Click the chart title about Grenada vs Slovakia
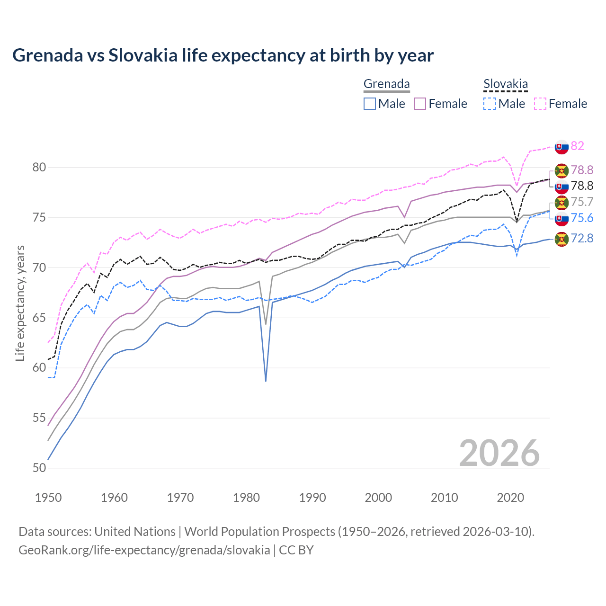click(223, 55)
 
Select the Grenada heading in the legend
click(386, 84)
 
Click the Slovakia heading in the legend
click(505, 84)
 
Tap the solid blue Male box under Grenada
click(370, 104)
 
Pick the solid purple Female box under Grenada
click(420, 104)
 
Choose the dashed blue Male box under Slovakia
click(490, 104)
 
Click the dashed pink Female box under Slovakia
click(540, 104)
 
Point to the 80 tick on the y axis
click(39, 167)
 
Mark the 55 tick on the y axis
click(39, 418)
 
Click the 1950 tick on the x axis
click(48, 498)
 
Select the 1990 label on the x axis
click(312, 498)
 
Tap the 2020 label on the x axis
click(510, 498)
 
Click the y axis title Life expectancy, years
click(20, 303)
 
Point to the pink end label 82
click(577, 146)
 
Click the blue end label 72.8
click(582, 238)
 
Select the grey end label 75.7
click(582, 202)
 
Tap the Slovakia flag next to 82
click(561, 147)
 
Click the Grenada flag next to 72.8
click(561, 239)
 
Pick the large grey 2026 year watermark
click(499, 453)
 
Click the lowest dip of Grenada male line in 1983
click(266, 381)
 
